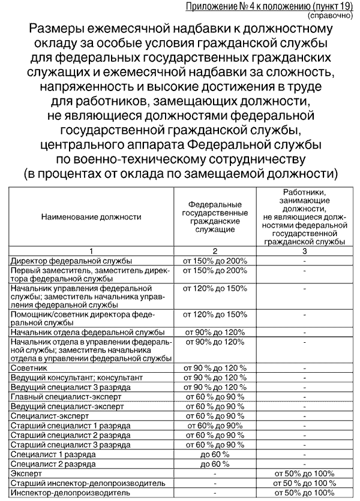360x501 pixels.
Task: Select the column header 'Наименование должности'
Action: [91, 216]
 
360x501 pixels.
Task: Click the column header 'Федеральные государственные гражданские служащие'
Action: [215, 217]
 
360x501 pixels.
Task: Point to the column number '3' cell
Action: [304, 251]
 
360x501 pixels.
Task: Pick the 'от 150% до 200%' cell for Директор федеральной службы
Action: [215, 261]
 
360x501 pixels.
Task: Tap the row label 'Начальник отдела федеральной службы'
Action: [88, 332]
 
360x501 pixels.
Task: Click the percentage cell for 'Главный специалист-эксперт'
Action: [215, 397]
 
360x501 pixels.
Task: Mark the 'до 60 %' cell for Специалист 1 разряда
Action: [215, 454]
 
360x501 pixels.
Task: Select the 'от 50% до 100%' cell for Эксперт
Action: [304, 473]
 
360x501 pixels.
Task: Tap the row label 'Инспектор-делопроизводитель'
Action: [62, 492]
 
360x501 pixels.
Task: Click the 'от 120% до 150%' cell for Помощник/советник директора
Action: [215, 314]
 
